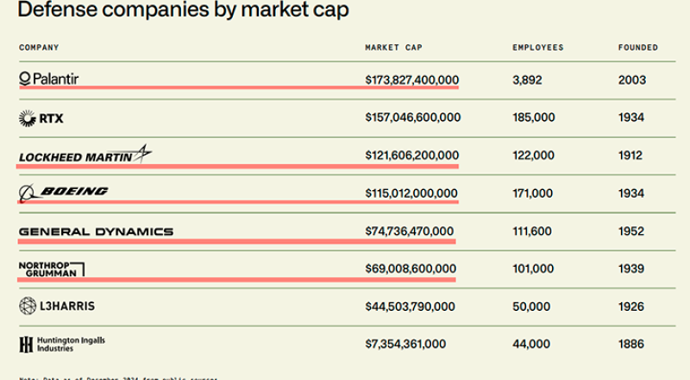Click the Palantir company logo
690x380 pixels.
pyautogui.click(x=50, y=79)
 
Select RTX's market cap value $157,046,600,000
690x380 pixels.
pyautogui.click(x=412, y=117)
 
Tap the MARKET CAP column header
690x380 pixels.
pyautogui.click(x=393, y=47)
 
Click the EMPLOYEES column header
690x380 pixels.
pyautogui.click(x=537, y=47)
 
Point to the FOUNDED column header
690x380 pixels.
pyautogui.click(x=637, y=47)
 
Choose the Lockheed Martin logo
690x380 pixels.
pyautogui.click(x=85, y=155)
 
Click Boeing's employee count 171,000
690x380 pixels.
pyautogui.click(x=533, y=193)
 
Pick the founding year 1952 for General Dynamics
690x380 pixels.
pyautogui.click(x=630, y=231)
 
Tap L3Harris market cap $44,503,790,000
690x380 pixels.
pyautogui.click(x=410, y=307)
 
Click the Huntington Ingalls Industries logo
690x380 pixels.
pyautogui.click(x=62, y=345)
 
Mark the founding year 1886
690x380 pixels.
pyautogui.click(x=630, y=345)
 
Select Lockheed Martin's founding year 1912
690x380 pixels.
pyautogui.click(x=630, y=155)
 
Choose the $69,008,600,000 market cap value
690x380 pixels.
pyautogui.click(x=411, y=269)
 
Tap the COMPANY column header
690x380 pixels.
pyautogui.click(x=39, y=47)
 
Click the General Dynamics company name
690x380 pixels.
pyautogui.click(x=96, y=231)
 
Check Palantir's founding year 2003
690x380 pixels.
pyautogui.click(x=631, y=80)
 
